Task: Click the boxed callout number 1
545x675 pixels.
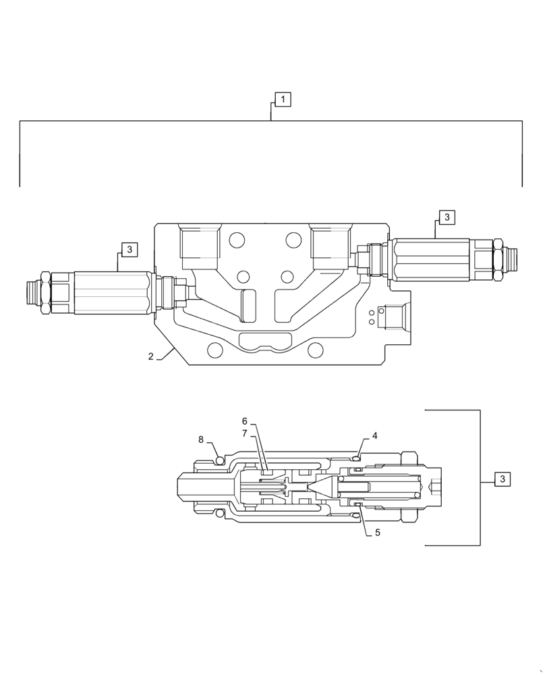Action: tap(283, 100)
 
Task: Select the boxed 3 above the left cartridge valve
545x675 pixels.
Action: tap(130, 250)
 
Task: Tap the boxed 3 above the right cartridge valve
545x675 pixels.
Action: tap(447, 217)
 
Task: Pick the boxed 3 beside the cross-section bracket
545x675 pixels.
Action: tap(502, 479)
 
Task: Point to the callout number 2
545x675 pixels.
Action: tap(151, 356)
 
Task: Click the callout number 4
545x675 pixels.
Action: tap(375, 436)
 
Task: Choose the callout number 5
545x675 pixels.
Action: tap(378, 533)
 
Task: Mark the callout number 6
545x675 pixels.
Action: tap(245, 421)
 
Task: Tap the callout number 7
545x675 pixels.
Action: tap(245, 433)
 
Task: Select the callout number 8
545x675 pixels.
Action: tap(201, 439)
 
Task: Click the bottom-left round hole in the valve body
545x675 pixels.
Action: tap(214, 350)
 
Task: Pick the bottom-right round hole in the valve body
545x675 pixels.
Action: tap(315, 350)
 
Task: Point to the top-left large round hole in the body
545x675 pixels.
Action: tap(237, 240)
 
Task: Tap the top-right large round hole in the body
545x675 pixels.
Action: tap(293, 240)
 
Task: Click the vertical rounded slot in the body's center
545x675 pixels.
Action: tap(249, 306)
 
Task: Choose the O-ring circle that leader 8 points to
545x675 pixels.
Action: tap(219, 460)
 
